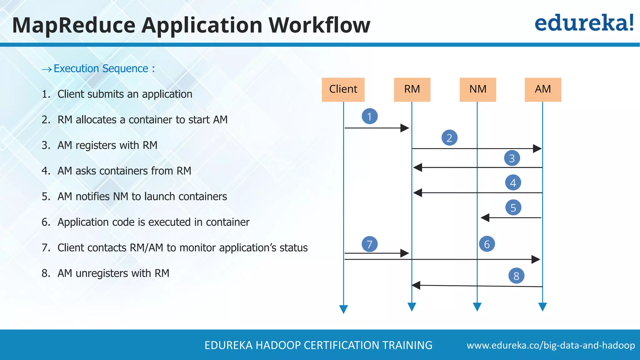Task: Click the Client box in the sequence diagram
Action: pos(343,89)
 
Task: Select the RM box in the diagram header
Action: pos(412,89)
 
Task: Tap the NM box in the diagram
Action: pos(478,89)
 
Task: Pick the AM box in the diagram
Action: pos(543,89)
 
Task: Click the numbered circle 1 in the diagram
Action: pos(370,116)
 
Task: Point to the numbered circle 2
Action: pos(449,138)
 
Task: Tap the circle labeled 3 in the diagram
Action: pos(512,158)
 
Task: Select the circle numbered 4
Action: pos(513,182)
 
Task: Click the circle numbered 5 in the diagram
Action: pos(513,207)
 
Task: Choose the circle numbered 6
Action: pos(487,244)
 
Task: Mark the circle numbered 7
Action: pos(370,244)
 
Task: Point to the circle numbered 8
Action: pos(516,276)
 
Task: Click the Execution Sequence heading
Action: pos(101,68)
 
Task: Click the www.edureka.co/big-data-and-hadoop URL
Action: pos(551,345)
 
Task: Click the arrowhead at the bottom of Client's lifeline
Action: pos(343,309)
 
